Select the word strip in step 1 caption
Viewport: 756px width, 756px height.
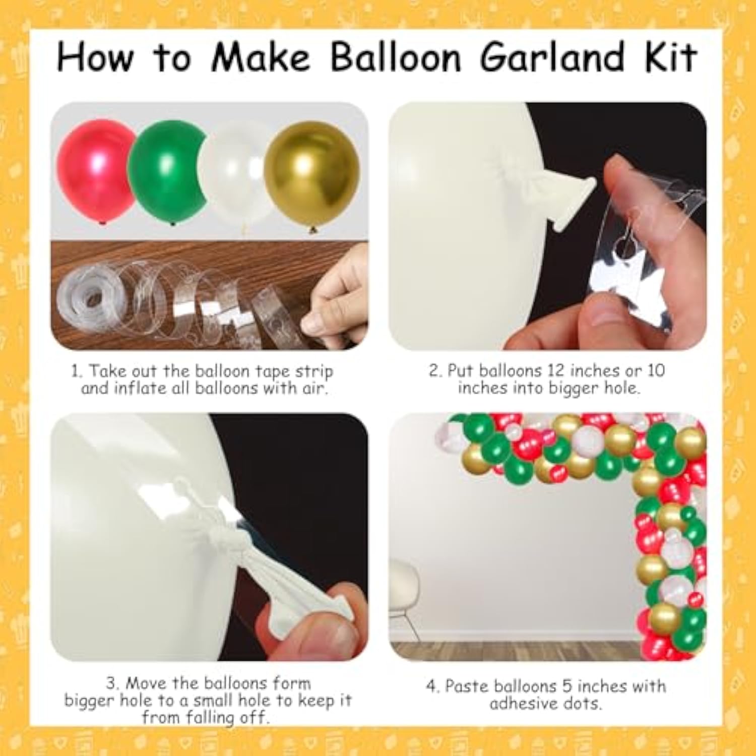click(314, 371)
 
